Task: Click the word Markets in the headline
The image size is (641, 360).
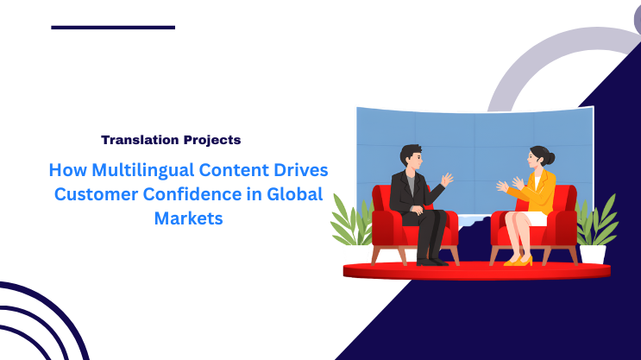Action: [x=188, y=218]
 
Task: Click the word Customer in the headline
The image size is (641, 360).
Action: [x=93, y=193]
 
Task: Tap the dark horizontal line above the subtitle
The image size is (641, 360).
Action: [x=113, y=28]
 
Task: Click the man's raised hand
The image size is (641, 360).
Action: [x=446, y=180]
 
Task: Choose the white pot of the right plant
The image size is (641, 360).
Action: [x=593, y=254]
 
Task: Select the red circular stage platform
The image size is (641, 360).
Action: [x=476, y=271]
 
